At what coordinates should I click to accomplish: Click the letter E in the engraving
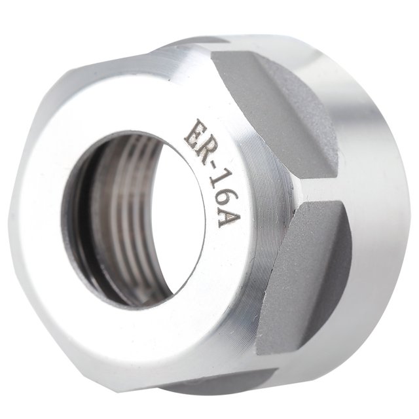(194, 132)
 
